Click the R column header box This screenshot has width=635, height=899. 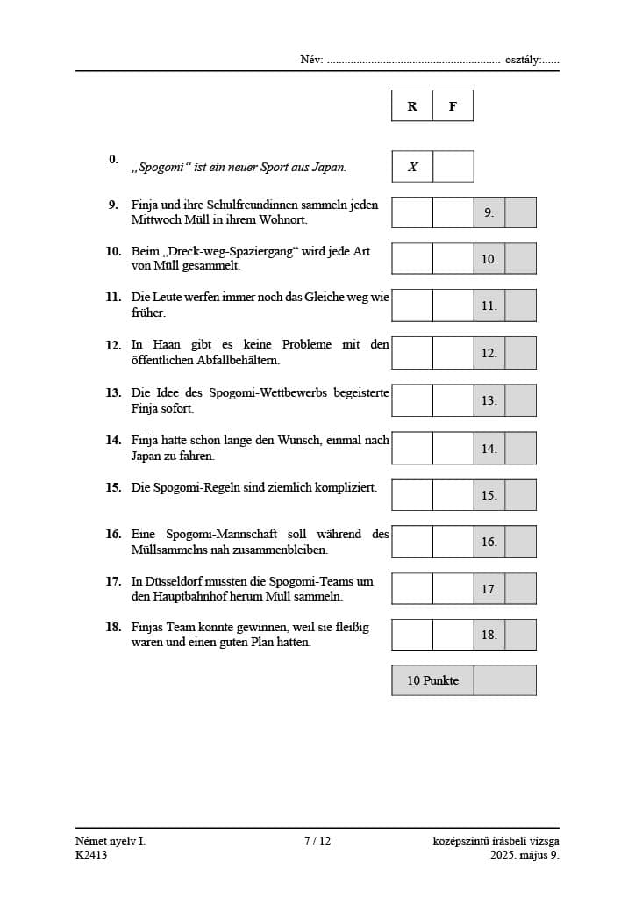click(x=412, y=106)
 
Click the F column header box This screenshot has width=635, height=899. click(x=453, y=106)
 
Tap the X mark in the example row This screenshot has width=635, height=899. click(x=412, y=167)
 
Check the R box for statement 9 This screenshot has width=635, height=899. click(x=412, y=212)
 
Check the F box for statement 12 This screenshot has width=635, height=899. click(x=453, y=353)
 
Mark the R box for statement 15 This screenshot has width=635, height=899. click(x=412, y=494)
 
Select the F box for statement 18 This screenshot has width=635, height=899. click(x=453, y=634)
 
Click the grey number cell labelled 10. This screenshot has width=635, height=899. click(x=489, y=259)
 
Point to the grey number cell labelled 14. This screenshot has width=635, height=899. click(x=489, y=448)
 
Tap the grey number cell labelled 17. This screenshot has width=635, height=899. click(x=489, y=588)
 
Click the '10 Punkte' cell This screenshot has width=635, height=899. click(x=432, y=680)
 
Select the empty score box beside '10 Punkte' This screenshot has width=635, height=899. click(x=504, y=680)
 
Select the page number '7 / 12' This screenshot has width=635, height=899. click(x=317, y=841)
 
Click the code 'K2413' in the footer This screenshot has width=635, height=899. click(x=91, y=855)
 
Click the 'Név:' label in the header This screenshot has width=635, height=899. click(x=311, y=60)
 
